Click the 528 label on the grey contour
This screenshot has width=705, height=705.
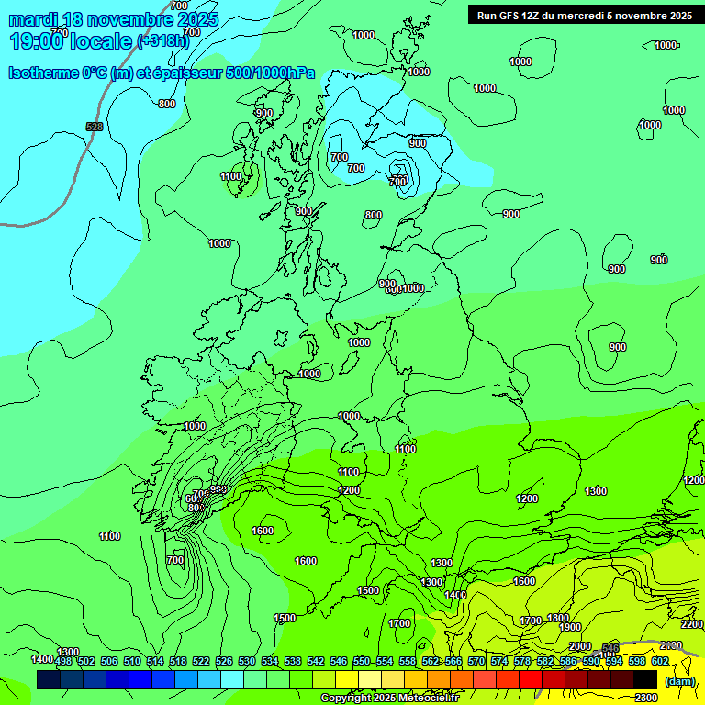click(x=94, y=127)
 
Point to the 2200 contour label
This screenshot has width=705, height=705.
click(x=691, y=624)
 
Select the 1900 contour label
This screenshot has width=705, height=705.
click(x=570, y=627)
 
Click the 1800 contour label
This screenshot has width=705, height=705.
click(x=557, y=618)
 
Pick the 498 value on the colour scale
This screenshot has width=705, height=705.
click(x=62, y=661)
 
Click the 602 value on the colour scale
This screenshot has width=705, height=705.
click(x=659, y=661)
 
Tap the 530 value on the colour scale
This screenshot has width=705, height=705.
click(x=246, y=661)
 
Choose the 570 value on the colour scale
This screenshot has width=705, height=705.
click(x=476, y=661)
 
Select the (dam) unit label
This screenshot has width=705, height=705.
click(x=680, y=682)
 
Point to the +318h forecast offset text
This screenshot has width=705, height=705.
click(x=162, y=40)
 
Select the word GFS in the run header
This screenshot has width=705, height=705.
click(x=511, y=16)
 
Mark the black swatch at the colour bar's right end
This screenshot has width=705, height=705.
click(x=644, y=680)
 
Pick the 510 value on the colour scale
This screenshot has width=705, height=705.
click(x=131, y=661)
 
